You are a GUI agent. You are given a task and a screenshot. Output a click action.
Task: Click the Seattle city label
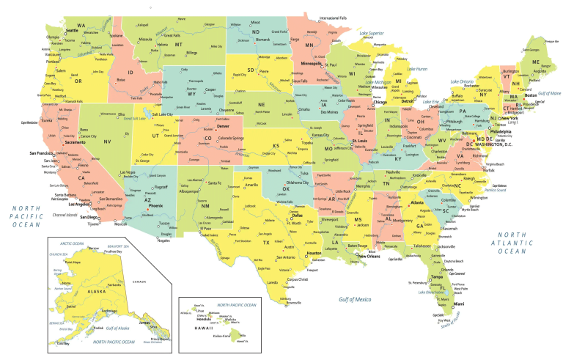point(72,31)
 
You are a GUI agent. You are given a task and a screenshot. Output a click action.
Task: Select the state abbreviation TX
point(266,242)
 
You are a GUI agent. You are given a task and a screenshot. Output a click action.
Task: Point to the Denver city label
point(223,127)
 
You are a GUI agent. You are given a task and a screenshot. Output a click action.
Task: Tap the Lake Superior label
point(372,34)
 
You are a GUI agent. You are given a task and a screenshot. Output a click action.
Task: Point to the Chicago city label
point(380,102)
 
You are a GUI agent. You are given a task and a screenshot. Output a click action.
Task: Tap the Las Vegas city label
point(128,172)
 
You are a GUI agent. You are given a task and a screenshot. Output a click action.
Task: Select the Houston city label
point(314,253)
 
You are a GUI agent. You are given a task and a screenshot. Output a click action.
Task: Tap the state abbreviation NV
point(108,141)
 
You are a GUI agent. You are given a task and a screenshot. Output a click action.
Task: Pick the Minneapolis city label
point(312,65)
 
